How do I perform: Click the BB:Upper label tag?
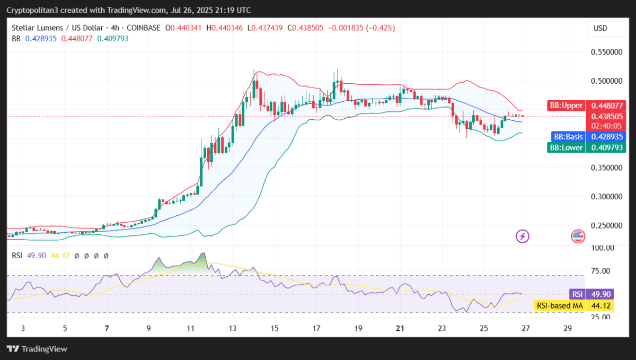coord(566,106)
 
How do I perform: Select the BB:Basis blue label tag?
coord(568,136)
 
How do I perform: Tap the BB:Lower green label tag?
coord(566,147)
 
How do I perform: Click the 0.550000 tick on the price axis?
coord(607,52)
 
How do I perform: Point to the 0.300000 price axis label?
coord(607,196)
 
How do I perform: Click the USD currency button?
coord(600,28)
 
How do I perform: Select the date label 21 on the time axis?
coord(400,329)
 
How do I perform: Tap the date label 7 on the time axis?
coord(107,329)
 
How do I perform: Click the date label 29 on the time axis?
coord(568,329)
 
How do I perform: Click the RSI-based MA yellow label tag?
coord(559,305)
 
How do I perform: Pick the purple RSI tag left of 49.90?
coord(576,294)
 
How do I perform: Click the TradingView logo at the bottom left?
coord(37,349)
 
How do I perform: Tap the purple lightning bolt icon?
coord(523,236)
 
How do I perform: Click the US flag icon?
coord(578,236)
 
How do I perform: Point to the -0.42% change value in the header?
coord(379,28)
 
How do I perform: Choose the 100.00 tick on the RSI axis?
coord(603,248)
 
